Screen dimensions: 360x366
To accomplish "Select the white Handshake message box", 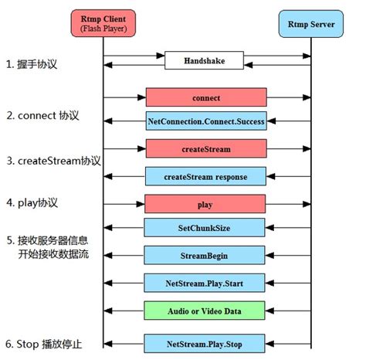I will (x=205, y=59).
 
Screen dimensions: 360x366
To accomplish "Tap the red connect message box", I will (x=205, y=97).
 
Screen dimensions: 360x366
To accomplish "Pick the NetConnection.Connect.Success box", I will (x=205, y=121).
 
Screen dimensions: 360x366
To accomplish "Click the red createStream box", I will (x=205, y=148).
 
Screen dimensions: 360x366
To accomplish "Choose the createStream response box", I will (x=205, y=176).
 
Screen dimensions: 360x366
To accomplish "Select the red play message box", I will (x=205, y=204).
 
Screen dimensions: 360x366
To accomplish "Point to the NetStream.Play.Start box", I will (x=205, y=281).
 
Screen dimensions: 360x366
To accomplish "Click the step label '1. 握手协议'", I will (x=40, y=66).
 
